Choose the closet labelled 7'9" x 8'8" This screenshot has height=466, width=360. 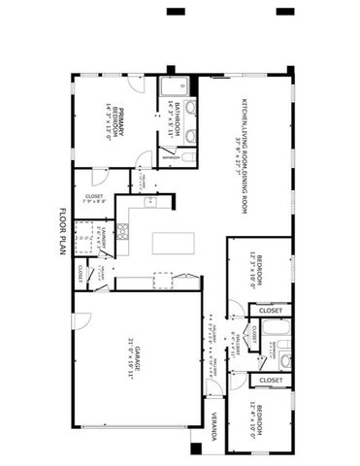click(94, 201)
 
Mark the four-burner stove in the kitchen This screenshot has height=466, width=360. click(123, 231)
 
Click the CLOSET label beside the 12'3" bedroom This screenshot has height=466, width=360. click(271, 311)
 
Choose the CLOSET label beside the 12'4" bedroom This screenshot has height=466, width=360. click(271, 380)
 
